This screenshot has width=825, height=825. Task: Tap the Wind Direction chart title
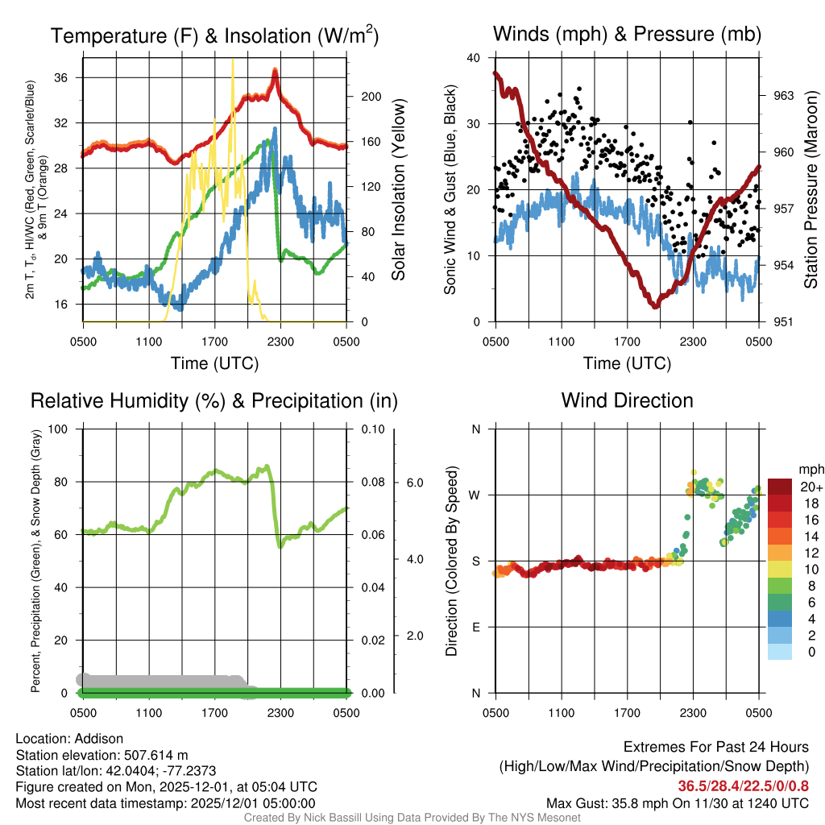(x=627, y=400)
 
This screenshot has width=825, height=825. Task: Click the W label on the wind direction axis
(x=475, y=495)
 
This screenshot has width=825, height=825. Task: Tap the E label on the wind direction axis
(x=475, y=627)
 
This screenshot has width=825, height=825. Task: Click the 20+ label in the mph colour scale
(x=811, y=488)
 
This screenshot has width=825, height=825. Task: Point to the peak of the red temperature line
(x=276, y=72)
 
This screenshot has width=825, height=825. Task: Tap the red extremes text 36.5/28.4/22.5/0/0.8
(x=743, y=786)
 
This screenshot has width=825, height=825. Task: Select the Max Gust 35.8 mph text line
(x=677, y=802)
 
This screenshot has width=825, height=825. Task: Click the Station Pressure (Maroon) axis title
(x=810, y=189)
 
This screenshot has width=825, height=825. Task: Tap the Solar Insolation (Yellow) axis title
(x=398, y=189)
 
